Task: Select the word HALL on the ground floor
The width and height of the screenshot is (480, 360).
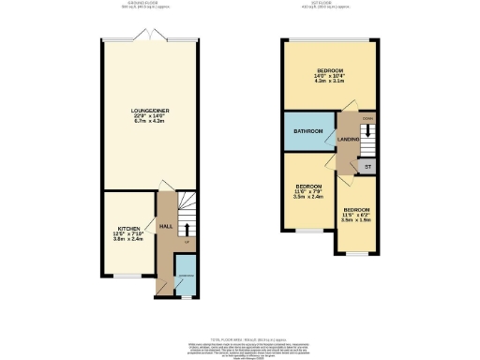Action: pyautogui.click(x=163, y=227)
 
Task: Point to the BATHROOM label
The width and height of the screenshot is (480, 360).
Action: pyautogui.click(x=308, y=130)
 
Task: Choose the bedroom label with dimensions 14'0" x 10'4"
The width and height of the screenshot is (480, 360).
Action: pyautogui.click(x=329, y=71)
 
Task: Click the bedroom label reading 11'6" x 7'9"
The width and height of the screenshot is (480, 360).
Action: pyautogui.click(x=308, y=187)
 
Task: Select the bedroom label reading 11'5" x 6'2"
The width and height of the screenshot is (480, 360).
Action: pyautogui.click(x=356, y=210)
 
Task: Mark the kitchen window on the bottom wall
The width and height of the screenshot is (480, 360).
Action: pyautogui.click(x=127, y=276)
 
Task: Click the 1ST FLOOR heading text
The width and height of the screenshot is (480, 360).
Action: pyautogui.click(x=329, y=4)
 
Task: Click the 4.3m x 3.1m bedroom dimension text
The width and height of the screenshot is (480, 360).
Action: pyautogui.click(x=329, y=82)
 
